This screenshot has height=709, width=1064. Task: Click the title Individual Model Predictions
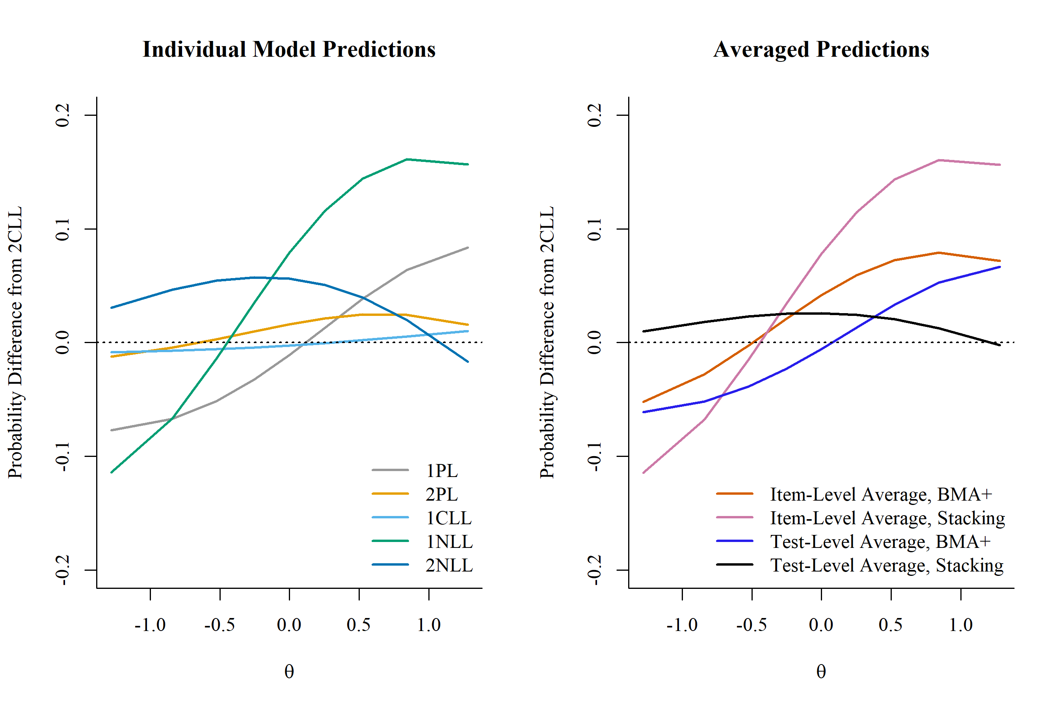pos(288,49)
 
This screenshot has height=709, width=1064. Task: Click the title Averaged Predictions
pos(821,49)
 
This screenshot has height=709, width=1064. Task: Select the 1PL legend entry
pos(441,471)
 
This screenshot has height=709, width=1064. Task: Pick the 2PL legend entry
pos(441,494)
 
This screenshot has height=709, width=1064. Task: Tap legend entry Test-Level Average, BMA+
pos(880,542)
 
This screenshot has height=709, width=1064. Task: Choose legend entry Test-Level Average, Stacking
pos(887,565)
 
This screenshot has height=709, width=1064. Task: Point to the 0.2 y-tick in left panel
pos(62,115)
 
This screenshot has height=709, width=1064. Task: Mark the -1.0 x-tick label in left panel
pos(150,625)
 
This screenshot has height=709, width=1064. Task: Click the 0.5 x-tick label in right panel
pos(891,625)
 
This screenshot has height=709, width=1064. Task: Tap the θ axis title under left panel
pos(289,672)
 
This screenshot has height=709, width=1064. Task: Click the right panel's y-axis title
pos(547,342)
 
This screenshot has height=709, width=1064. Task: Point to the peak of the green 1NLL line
pos(407,159)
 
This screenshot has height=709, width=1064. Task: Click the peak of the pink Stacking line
pos(939,160)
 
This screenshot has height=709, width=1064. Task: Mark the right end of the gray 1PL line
pos(468,248)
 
